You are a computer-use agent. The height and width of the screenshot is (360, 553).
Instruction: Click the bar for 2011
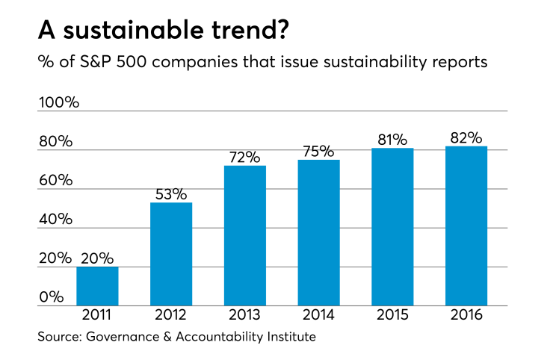pyautogui.click(x=97, y=287)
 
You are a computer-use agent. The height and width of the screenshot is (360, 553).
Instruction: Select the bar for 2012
pyautogui.click(x=171, y=255)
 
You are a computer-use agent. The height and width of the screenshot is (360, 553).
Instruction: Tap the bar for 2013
pyautogui.click(x=245, y=236)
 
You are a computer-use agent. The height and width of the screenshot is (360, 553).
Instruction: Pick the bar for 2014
pyautogui.click(x=319, y=233)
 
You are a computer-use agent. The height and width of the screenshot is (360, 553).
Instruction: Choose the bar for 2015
pyautogui.click(x=392, y=227)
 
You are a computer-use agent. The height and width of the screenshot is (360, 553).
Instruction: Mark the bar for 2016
pyautogui.click(x=466, y=226)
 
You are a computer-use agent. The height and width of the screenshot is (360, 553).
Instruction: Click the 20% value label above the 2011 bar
pyautogui.click(x=97, y=258)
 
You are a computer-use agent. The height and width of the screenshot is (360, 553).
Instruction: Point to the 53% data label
pyautogui.click(x=171, y=194)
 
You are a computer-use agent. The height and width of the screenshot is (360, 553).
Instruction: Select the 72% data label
pyautogui.click(x=245, y=157)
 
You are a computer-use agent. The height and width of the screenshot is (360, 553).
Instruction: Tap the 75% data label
pyautogui.click(x=319, y=151)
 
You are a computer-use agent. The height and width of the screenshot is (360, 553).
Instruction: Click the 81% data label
pyautogui.click(x=392, y=140)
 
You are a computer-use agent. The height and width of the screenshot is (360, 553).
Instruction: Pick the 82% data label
pyautogui.click(x=466, y=137)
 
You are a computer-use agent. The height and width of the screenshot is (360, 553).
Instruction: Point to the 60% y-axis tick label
pyautogui.click(x=56, y=181)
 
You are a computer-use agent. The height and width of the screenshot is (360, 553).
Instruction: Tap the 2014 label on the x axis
pyautogui.click(x=319, y=316)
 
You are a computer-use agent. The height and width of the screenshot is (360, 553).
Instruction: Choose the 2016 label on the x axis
pyautogui.click(x=466, y=316)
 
